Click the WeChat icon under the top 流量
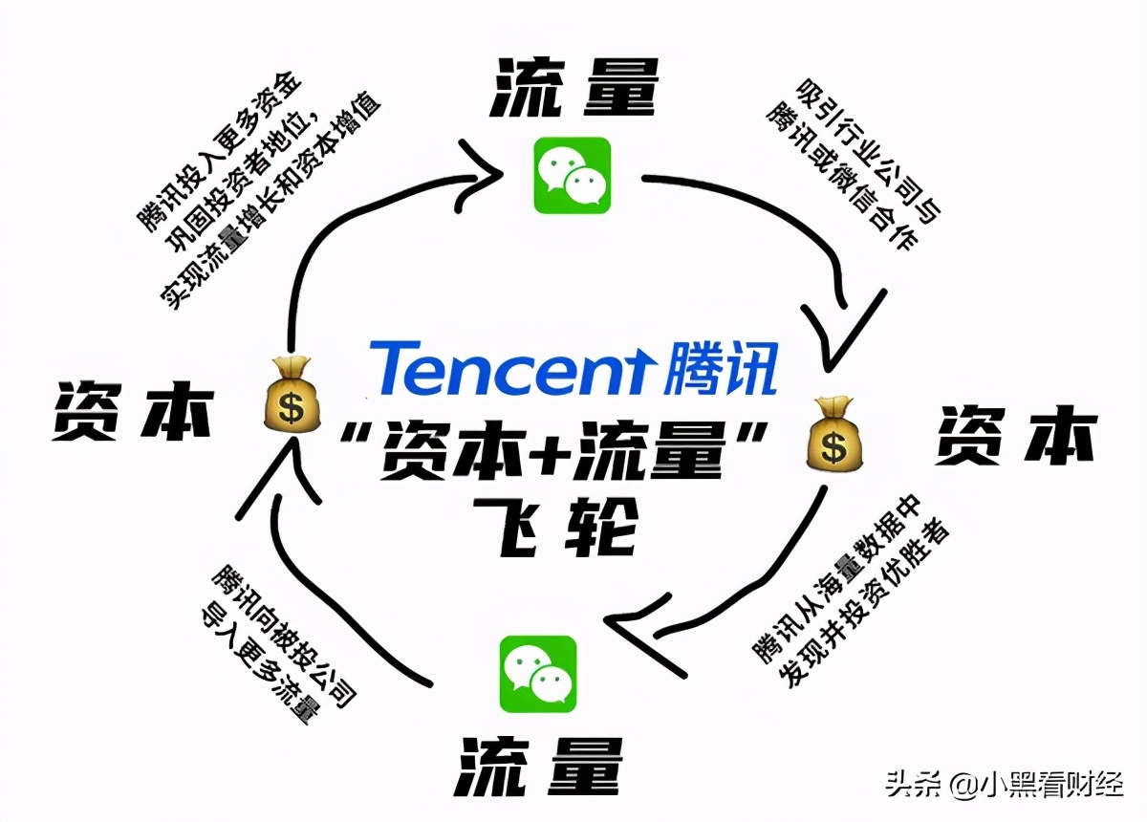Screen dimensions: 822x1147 (572, 176)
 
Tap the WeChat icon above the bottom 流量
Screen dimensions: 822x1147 (538, 674)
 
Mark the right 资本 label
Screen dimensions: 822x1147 (1014, 434)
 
